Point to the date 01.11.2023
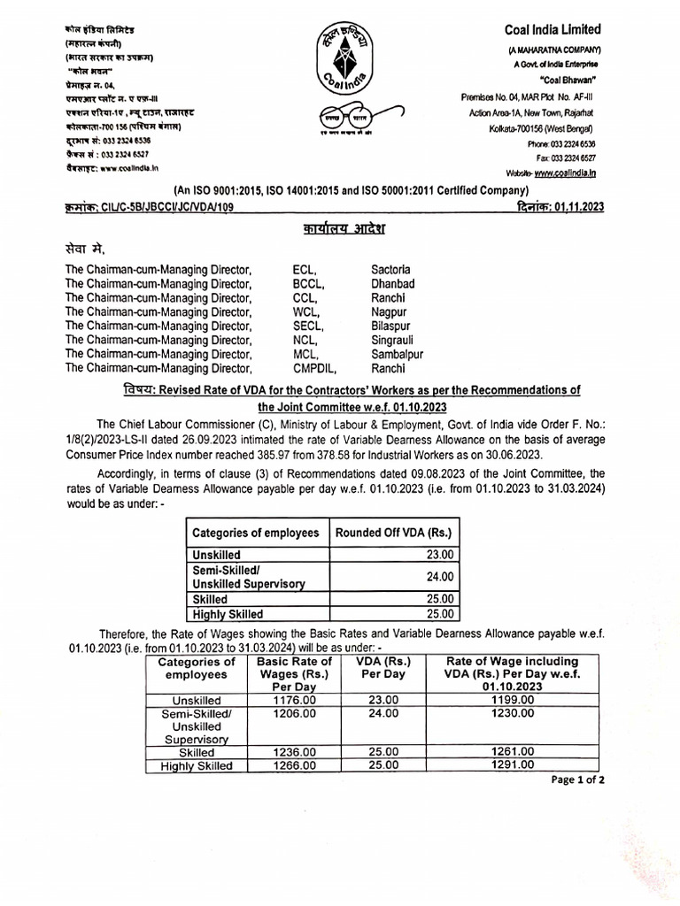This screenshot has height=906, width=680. click(580, 205)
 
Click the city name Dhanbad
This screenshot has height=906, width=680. click(392, 284)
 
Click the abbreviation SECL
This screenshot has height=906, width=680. click(308, 326)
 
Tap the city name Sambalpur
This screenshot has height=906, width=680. click(397, 355)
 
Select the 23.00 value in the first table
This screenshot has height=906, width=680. click(439, 555)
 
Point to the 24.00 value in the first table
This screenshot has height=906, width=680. click(439, 576)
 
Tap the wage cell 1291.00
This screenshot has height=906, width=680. click(513, 765)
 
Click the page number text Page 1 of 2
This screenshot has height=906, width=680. click(578, 780)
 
